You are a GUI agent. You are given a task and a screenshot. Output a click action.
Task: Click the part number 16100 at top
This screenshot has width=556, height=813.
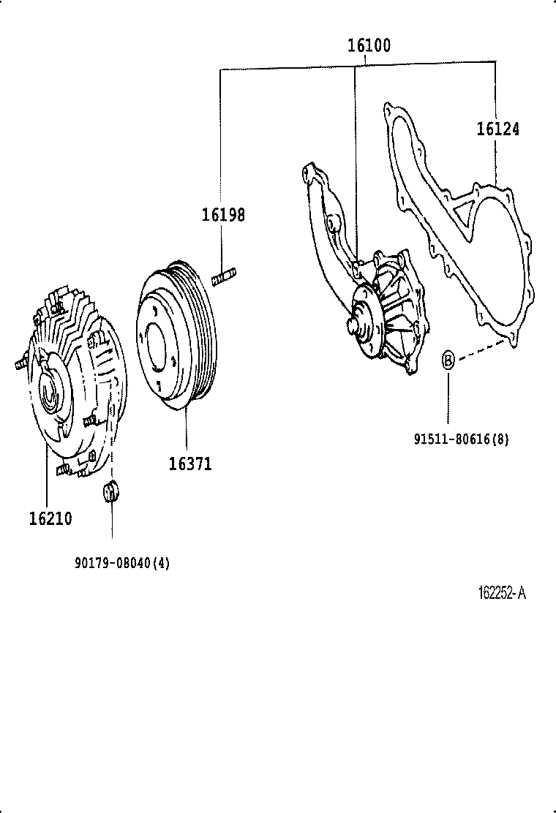tap(368, 45)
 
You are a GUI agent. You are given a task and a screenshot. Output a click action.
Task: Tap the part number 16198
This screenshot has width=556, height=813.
tap(223, 215)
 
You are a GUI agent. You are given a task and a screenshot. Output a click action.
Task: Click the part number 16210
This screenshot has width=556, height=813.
tap(50, 518)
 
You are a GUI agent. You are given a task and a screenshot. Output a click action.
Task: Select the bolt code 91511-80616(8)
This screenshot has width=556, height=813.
tap(461, 439)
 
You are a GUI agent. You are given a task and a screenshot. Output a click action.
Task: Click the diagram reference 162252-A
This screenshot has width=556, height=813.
tap(502, 593)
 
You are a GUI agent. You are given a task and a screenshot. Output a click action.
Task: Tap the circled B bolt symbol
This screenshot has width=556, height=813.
tap(448, 360)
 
